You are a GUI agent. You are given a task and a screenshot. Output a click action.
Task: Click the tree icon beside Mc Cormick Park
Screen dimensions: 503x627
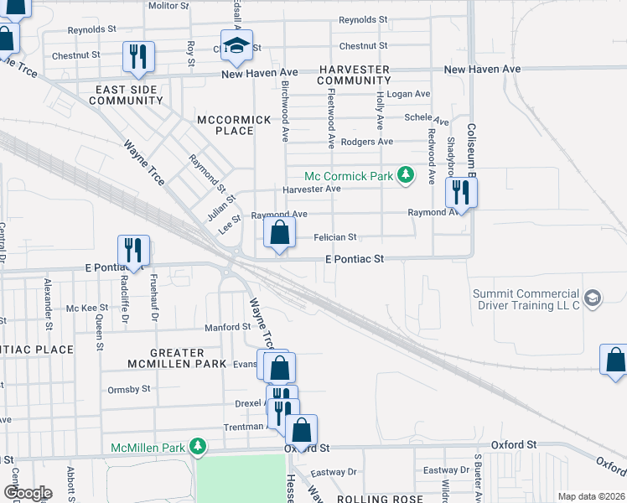pos(406,175)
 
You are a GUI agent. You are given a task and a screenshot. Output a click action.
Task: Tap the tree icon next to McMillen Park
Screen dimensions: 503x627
pos(198,448)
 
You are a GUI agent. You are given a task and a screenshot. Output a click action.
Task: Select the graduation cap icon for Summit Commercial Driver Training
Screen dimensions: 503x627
pos(592,298)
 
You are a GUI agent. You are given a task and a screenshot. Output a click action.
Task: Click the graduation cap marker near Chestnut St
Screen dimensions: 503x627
pos(237,45)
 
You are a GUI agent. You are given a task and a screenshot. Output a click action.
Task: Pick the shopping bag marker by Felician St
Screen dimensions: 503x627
pos(279,233)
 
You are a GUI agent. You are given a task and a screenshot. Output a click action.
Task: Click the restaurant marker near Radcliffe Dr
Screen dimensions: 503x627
pos(133,250)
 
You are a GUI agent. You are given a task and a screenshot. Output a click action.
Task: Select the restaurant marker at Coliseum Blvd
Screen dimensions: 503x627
pos(460,192)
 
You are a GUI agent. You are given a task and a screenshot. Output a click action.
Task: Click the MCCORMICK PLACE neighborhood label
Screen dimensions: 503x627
pos(234,125)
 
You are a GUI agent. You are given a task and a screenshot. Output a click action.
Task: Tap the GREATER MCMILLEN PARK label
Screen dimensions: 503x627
pos(177,358)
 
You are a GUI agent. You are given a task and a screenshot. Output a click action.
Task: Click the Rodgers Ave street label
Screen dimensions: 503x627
pos(366,142)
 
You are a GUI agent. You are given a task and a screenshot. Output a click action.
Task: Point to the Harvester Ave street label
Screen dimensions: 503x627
pos(311,189)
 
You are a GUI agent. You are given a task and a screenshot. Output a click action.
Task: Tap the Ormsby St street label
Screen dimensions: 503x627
pos(128,389)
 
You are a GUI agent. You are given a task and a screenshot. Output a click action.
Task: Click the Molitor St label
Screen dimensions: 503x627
pos(168,5)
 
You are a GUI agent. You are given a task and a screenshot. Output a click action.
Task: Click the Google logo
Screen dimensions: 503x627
pos(28,493)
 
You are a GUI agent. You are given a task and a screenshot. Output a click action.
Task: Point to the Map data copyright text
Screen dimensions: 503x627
pos(590,496)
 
